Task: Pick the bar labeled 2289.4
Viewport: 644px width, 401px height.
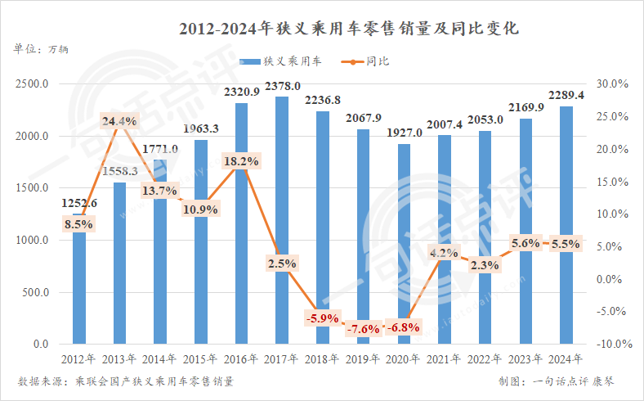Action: [566, 229]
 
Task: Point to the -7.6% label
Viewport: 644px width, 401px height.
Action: [364, 329]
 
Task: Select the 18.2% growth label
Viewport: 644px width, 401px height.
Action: [241, 162]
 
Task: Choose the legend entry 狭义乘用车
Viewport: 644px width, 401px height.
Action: [280, 61]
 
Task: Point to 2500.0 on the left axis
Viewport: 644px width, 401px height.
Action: [32, 83]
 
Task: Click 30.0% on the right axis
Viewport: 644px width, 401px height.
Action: [611, 83]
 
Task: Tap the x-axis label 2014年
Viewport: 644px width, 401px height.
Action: [160, 359]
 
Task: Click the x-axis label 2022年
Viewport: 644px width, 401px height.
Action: [485, 359]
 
